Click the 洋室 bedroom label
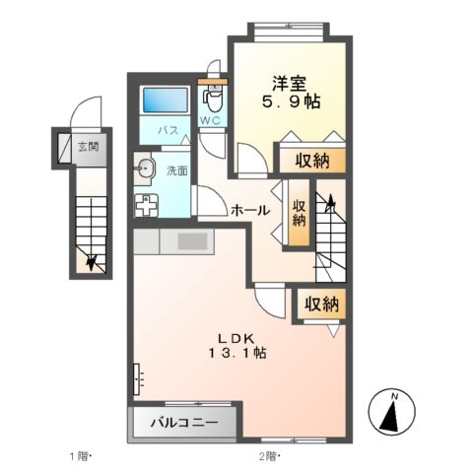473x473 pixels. point(289,84)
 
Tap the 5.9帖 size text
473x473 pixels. point(291,101)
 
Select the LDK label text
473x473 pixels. point(236,337)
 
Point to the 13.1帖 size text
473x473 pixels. point(237,353)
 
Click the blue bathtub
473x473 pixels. point(166,100)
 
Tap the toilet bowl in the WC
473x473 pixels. point(214,101)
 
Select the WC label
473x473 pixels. point(211,120)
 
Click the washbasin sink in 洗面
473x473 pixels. point(143,169)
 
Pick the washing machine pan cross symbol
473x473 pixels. point(146,206)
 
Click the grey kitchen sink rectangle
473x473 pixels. point(192,241)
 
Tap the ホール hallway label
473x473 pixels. point(250,210)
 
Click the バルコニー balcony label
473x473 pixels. point(184,423)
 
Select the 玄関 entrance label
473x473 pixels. point(89,147)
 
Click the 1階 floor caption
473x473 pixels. point(79,456)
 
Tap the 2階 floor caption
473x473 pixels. point(269,456)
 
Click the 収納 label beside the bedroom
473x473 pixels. point(311,161)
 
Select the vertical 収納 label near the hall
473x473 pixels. point(299,213)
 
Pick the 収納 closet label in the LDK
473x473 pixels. point(321,304)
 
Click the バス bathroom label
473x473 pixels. point(169,130)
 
